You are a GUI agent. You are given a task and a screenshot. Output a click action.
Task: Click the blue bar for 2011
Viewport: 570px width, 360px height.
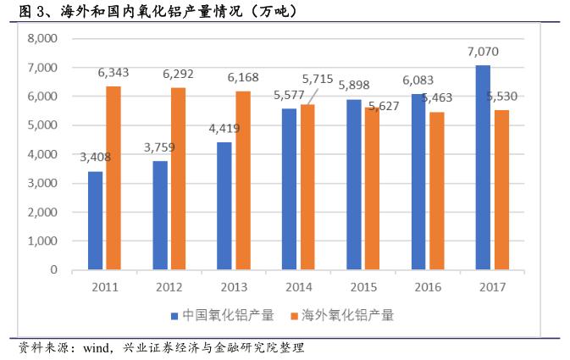96,220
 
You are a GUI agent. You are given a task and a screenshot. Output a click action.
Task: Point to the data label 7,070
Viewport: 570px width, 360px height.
482,52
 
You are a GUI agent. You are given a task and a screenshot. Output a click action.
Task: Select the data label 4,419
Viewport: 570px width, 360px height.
226,129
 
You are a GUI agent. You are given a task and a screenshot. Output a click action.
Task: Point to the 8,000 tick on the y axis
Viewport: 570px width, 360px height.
41,38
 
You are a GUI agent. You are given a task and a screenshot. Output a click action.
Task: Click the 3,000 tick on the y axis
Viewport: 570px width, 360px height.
41,183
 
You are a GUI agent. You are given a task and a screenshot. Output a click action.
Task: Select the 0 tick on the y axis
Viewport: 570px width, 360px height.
53,270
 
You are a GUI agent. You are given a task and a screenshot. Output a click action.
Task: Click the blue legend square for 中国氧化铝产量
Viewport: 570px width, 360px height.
174,316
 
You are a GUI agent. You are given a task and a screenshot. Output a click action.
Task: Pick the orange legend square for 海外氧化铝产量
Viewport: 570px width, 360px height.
295,316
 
